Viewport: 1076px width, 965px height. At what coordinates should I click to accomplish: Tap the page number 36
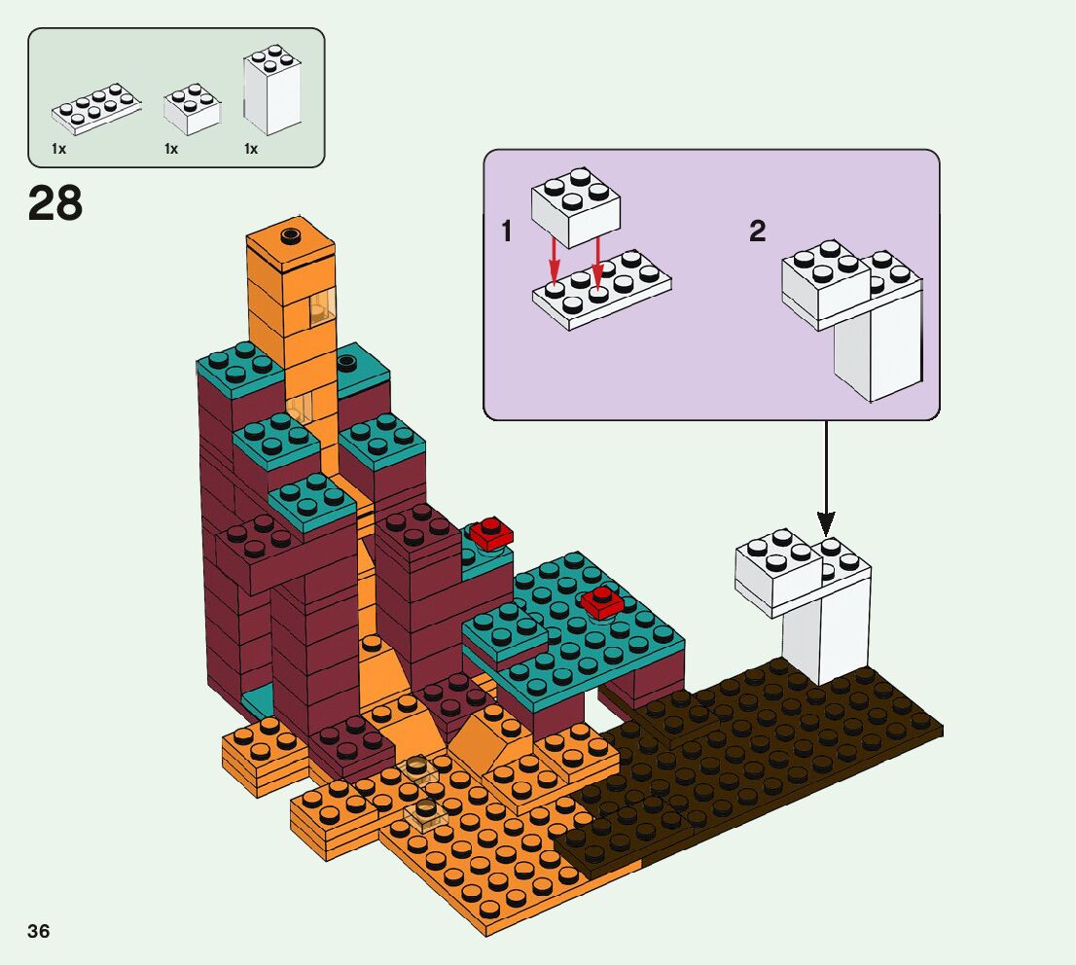coord(39,931)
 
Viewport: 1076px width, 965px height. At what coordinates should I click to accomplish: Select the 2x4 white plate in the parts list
coord(95,108)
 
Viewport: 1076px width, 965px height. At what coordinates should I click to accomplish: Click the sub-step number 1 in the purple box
coord(506,232)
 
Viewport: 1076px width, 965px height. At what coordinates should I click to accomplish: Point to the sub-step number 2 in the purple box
coord(757,232)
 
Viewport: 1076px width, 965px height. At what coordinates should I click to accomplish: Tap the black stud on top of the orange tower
coord(289,234)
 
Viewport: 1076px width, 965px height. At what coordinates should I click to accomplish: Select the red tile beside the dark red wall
coord(491,532)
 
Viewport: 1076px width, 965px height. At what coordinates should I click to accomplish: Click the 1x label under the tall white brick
coord(250,149)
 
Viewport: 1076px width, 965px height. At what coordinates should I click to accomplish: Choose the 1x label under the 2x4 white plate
coord(58,149)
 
